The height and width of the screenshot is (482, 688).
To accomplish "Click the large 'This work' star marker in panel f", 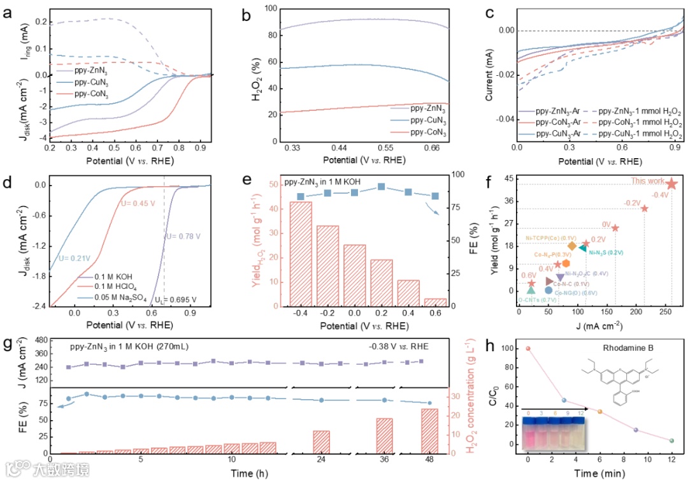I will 671,184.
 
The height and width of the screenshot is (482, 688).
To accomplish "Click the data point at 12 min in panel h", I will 671,441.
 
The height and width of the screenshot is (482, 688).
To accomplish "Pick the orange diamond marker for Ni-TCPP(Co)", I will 572,246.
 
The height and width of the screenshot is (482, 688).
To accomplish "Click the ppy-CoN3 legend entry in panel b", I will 428,132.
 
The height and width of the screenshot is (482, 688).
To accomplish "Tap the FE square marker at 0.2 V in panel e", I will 382,187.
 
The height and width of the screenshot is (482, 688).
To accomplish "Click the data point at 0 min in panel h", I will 528,348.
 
